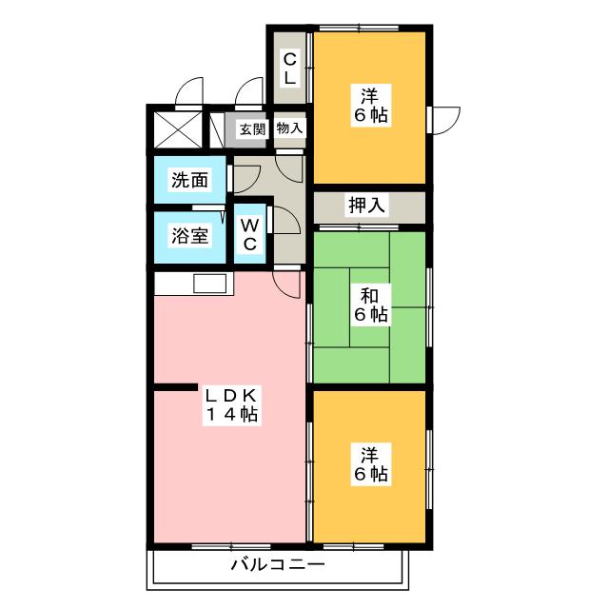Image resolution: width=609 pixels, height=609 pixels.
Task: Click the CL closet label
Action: point(290,69)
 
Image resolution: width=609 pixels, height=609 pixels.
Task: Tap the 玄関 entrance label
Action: point(251,128)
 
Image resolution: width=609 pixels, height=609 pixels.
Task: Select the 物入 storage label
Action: point(289,128)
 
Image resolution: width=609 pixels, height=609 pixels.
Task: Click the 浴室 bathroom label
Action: point(189,236)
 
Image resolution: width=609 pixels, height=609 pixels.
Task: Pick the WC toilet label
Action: point(249,235)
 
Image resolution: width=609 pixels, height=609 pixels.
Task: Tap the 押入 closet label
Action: point(366,206)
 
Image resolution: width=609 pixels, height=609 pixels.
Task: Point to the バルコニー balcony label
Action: point(277,565)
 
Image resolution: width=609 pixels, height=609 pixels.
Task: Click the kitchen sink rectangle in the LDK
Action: point(209,283)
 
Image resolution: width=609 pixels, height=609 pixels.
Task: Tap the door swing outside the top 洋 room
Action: point(445,120)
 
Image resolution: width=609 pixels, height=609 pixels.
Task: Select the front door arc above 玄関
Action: point(249,91)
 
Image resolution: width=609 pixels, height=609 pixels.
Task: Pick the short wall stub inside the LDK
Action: point(172,387)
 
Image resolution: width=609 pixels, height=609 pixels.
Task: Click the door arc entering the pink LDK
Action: point(287,282)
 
